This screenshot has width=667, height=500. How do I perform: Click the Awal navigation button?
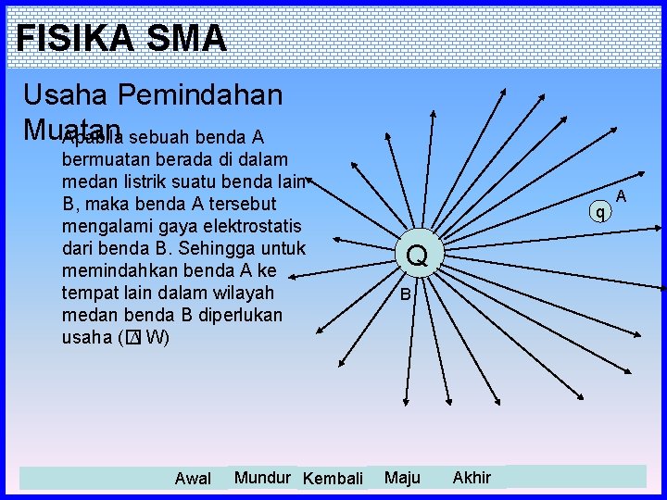[193, 479]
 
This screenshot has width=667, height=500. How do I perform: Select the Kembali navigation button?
[333, 479]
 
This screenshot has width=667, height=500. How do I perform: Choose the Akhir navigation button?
[472, 478]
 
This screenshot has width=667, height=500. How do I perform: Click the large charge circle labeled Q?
[417, 255]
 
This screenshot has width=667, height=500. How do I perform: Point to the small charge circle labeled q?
[600, 213]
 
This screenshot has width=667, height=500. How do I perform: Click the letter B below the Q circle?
[405, 296]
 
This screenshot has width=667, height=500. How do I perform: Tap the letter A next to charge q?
[622, 196]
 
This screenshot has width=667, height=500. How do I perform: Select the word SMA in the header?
[185, 38]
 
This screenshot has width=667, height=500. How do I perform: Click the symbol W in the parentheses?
[154, 337]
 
